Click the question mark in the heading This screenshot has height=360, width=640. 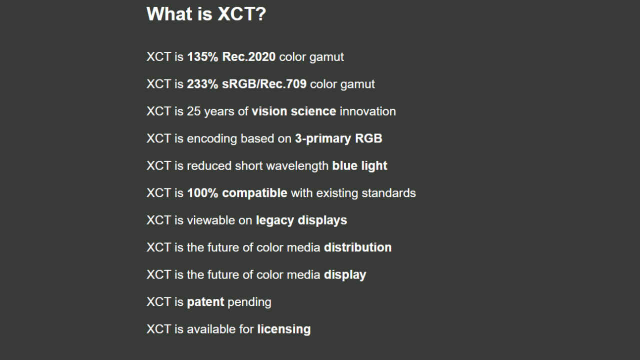(261, 13)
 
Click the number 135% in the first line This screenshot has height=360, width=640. (202, 56)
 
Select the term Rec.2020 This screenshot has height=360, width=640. (249, 56)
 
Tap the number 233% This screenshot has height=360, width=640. (202, 84)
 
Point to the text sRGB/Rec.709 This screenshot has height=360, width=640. (264, 84)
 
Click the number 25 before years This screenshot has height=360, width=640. (193, 111)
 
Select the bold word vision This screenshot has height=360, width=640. (269, 111)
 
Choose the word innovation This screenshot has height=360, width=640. (367, 111)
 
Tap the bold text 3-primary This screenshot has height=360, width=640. (323, 139)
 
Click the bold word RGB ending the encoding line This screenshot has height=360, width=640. (368, 138)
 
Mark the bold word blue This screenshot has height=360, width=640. (344, 165)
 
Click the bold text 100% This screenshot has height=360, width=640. (202, 193)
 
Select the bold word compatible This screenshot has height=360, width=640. (254, 193)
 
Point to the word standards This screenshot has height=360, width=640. (388, 193)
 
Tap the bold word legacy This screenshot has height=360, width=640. (275, 220)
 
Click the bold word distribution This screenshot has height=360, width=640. (357, 247)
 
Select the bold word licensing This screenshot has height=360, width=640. (284, 329)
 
